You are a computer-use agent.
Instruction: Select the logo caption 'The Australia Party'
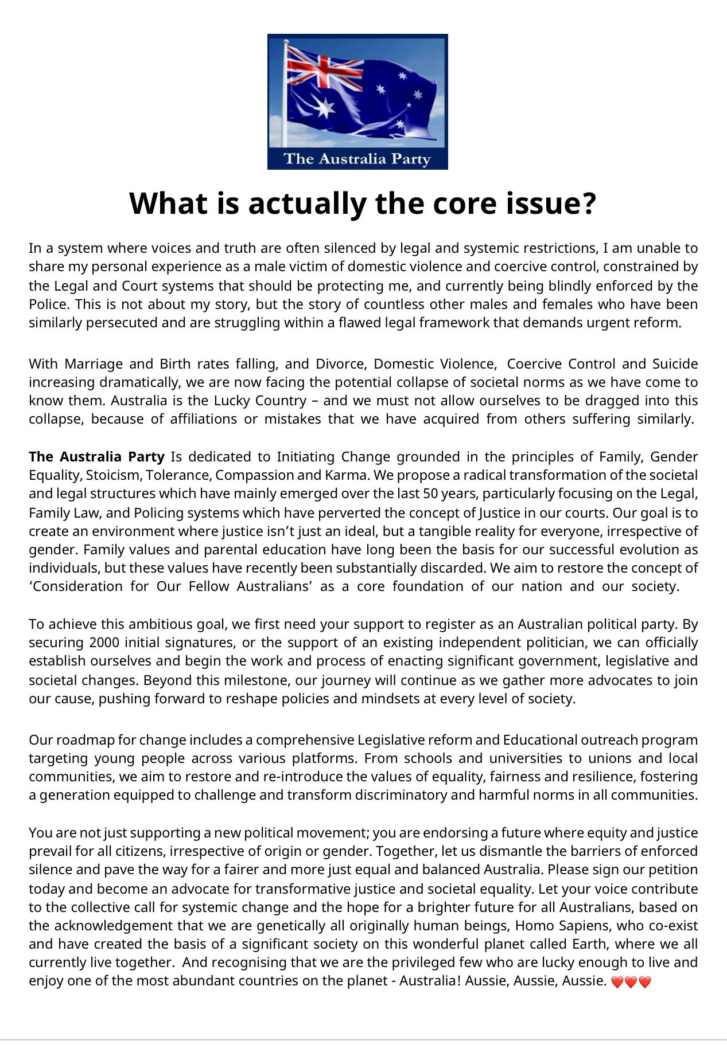tap(357, 159)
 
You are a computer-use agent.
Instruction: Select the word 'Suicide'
tap(675, 364)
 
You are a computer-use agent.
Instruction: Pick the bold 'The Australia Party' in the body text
tap(96, 457)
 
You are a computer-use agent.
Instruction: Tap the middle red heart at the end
tap(631, 982)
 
